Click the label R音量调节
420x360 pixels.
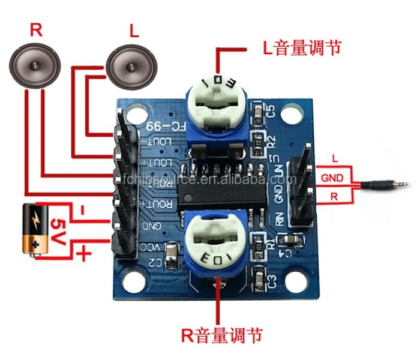[221, 334]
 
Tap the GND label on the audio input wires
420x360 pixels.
[332, 178]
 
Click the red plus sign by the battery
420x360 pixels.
[85, 254]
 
